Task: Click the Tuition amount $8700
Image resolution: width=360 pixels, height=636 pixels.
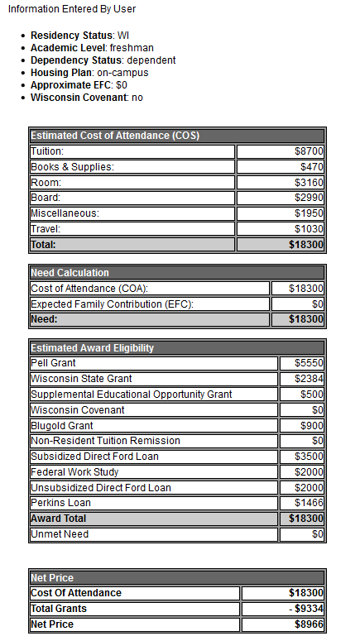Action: click(309, 151)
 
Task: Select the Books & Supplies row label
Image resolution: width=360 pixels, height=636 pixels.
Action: click(72, 167)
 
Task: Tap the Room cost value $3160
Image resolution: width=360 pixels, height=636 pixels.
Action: click(309, 183)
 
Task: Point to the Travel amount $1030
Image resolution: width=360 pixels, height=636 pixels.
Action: click(309, 229)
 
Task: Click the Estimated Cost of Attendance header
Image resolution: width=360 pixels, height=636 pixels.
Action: click(115, 136)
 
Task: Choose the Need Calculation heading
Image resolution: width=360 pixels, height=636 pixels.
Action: click(70, 273)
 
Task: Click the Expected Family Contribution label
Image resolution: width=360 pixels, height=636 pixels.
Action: click(112, 304)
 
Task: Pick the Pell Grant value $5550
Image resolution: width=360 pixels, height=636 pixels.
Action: click(309, 363)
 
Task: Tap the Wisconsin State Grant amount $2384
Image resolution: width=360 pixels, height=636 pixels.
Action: click(309, 379)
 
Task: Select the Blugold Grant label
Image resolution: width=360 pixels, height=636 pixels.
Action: click(62, 425)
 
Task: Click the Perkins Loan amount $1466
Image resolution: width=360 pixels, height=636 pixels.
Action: click(309, 503)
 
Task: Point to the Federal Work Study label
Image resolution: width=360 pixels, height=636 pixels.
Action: click(74, 471)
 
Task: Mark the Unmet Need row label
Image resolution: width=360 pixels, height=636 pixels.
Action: click(60, 534)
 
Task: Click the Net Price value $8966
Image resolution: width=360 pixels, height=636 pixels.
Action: click(308, 624)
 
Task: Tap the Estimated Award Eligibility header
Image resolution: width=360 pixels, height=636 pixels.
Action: click(92, 348)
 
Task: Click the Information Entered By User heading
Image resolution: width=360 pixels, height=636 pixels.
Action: click(72, 9)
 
